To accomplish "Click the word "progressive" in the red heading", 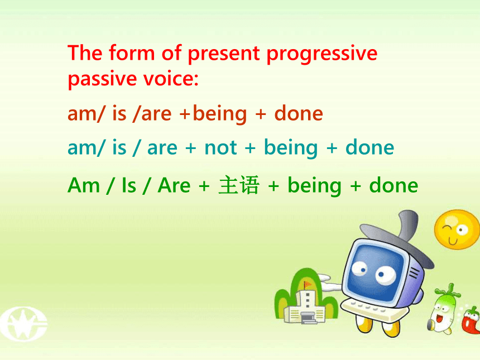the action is [x=322, y=54].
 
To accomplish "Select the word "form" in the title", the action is [x=132, y=52].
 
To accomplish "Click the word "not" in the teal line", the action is [x=220, y=147].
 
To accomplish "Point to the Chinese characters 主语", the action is [x=239, y=185].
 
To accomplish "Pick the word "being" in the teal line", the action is [x=291, y=149].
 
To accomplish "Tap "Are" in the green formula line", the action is [x=174, y=185].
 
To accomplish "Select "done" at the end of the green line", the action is [x=393, y=185].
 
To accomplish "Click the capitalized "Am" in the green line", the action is [x=84, y=185].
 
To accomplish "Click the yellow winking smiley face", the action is [x=457, y=229].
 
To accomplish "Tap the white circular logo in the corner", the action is [x=24, y=324].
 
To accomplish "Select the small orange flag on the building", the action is [x=307, y=285].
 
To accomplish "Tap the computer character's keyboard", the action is [x=373, y=309].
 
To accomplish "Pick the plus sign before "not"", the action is [x=190, y=148].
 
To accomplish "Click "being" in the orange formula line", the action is [x=220, y=115].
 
